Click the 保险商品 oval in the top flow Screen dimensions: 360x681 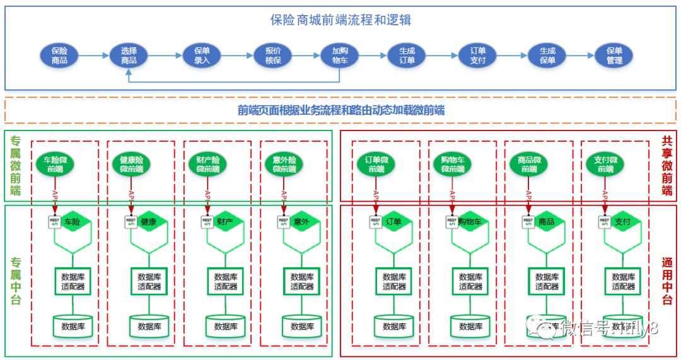[59, 55]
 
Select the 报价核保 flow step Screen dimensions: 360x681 [273, 55]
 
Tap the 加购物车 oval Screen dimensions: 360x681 [340, 55]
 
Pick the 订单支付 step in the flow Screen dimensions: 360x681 [478, 55]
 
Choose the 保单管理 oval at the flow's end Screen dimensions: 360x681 [614, 55]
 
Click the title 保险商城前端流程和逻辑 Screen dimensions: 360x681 [340, 20]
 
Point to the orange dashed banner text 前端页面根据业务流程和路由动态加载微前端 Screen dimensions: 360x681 [340, 110]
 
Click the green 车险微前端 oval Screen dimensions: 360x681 [55, 165]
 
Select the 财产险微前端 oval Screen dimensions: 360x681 [207, 165]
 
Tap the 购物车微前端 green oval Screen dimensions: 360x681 [453, 165]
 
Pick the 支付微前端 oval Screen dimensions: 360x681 [605, 165]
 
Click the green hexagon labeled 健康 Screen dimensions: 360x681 [150, 222]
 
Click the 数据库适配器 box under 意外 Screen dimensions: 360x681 [302, 281]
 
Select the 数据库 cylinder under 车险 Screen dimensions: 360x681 [73, 326]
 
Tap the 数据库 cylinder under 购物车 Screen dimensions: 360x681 [470, 326]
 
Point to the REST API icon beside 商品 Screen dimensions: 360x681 [528, 222]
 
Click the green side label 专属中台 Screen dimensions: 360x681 [16, 281]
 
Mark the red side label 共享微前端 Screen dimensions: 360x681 [666, 166]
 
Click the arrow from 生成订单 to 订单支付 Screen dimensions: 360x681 [441, 55]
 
